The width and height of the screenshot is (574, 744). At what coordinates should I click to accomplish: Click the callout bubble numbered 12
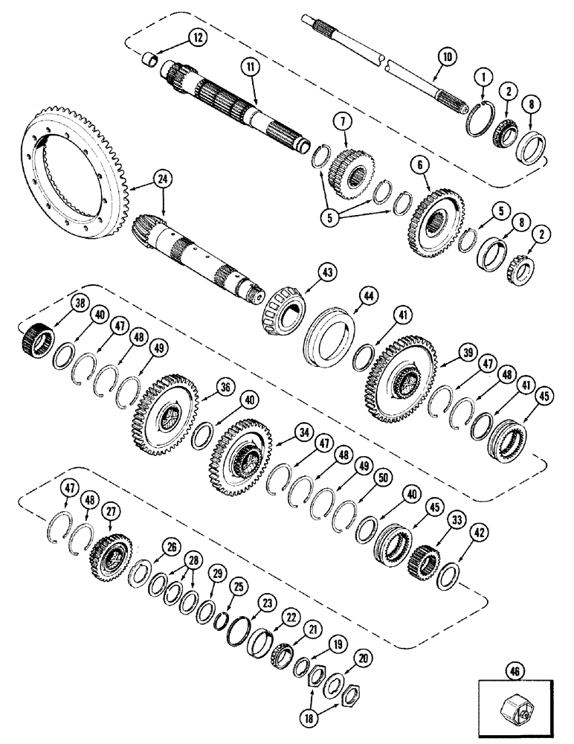(x=177, y=36)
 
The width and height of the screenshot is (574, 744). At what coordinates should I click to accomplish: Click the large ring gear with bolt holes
(x=77, y=168)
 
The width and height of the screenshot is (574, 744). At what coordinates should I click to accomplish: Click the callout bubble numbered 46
(x=512, y=670)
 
